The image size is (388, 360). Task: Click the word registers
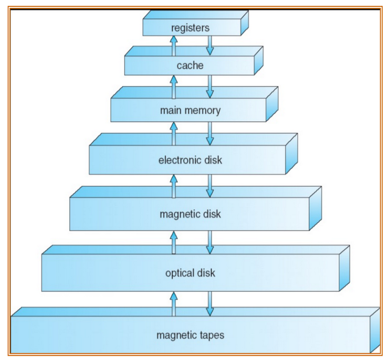(x=190, y=27)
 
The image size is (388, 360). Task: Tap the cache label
(x=190, y=66)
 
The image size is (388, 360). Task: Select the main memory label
(x=190, y=111)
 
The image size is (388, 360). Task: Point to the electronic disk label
(x=190, y=160)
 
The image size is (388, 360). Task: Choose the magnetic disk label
(x=190, y=214)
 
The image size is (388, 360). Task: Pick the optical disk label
(x=190, y=273)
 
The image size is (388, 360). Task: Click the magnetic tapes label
(x=190, y=334)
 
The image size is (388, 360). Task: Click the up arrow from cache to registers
(x=174, y=45)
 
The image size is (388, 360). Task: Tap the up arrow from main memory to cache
(x=174, y=86)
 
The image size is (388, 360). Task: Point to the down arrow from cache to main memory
(x=209, y=86)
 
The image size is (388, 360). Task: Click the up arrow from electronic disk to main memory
(x=174, y=133)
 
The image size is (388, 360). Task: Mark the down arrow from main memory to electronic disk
(x=209, y=133)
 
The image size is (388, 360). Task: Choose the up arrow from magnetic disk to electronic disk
(x=174, y=186)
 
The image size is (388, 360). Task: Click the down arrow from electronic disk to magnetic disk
(x=209, y=186)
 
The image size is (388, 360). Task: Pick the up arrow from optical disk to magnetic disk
(x=174, y=242)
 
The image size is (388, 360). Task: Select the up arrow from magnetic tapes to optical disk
(x=174, y=303)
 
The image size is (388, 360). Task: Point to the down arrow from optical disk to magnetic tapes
(x=209, y=303)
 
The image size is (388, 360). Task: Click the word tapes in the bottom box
(x=212, y=335)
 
